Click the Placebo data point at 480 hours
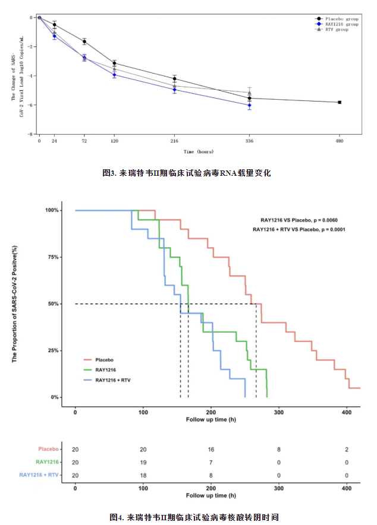(x=340, y=102)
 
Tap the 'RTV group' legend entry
(x=335, y=29)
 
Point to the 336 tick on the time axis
(x=249, y=141)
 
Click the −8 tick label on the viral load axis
(x=32, y=134)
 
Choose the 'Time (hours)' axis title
(x=198, y=151)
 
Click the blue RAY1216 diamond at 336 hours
(x=249, y=105)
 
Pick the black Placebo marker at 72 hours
(x=84, y=41)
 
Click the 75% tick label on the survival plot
(x=52, y=257)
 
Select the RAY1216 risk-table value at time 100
(x=143, y=462)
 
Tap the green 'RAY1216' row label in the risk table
(x=47, y=462)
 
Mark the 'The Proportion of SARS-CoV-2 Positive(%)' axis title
(x=15, y=304)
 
